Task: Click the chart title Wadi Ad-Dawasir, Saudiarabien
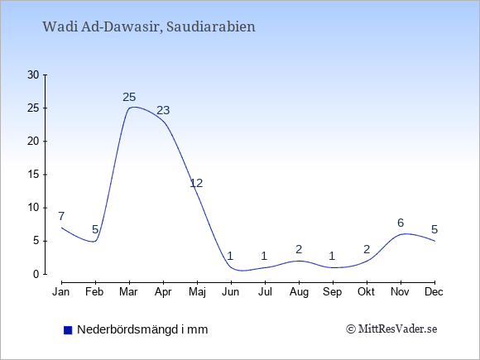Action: (x=149, y=26)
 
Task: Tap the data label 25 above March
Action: (x=129, y=98)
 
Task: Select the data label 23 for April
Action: (x=163, y=110)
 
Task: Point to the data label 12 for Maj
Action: (x=196, y=183)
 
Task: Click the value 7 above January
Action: (x=61, y=216)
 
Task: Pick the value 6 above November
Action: (x=401, y=223)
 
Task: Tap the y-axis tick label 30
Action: (x=33, y=75)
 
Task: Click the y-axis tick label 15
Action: (x=33, y=175)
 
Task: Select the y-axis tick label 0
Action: (x=36, y=274)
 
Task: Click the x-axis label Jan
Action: (x=61, y=292)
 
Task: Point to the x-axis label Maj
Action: (x=197, y=292)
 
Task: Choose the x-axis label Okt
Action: (x=366, y=292)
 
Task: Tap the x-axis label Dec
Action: (x=434, y=292)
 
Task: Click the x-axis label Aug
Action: (x=299, y=292)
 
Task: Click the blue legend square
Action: (x=68, y=330)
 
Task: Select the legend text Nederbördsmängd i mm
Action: (x=142, y=329)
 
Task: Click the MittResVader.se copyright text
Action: (x=391, y=329)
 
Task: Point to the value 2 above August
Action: (x=299, y=249)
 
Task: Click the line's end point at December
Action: (x=434, y=241)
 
